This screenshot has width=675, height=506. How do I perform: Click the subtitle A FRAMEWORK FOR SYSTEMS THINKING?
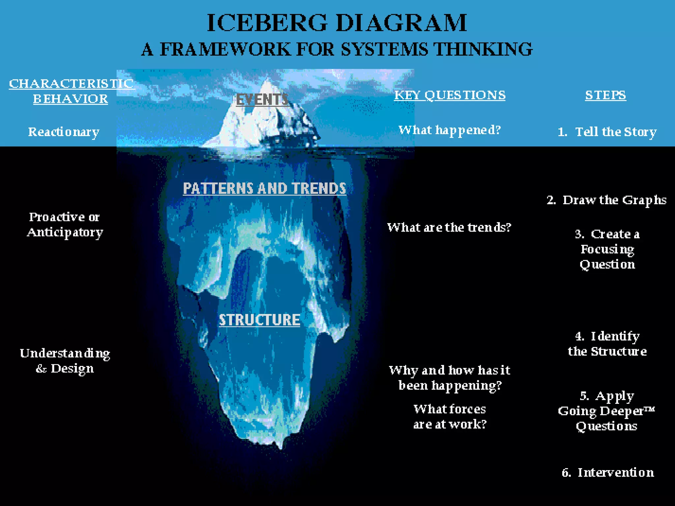337,49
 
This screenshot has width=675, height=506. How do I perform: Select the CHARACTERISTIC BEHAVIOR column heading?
71,91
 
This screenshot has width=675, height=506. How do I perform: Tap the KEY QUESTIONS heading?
450,95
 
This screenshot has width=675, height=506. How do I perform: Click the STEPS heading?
605,95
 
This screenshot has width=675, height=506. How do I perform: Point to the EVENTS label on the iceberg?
262,99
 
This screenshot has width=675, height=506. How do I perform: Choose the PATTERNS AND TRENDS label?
264,188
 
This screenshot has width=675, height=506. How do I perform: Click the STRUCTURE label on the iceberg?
259,320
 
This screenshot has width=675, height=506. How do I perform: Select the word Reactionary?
64,132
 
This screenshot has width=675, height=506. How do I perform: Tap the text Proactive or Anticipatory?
65,225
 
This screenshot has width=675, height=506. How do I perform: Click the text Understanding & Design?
65,361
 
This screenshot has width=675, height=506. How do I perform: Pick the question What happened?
450,130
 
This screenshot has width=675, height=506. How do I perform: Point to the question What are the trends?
449,227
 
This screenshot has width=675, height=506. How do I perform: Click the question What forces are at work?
450,417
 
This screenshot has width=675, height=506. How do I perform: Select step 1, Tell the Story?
607,132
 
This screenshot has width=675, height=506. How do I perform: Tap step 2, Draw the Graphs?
606,200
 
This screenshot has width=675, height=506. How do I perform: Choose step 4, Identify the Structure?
607,344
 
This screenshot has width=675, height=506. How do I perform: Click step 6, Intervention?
608,472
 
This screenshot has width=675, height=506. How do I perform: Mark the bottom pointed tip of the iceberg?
281,447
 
